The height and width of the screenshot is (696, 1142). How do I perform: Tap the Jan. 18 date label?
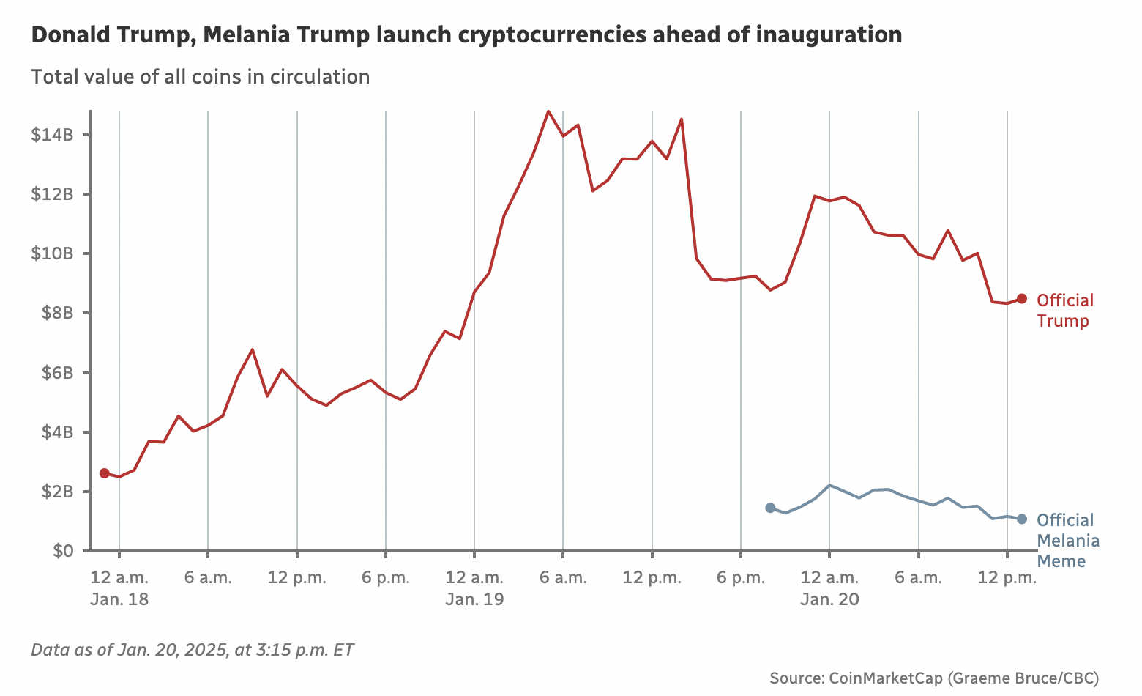pos(119,599)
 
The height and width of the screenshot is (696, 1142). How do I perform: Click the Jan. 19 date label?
pos(474,599)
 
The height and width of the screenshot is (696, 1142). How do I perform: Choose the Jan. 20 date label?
pos(829,599)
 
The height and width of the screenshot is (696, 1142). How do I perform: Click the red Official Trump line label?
pos(1064,311)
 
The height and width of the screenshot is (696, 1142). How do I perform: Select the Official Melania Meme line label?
pos(1067,541)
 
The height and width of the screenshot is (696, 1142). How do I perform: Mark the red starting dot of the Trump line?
pos(105,473)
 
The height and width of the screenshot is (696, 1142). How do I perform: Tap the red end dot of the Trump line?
pos(1022,299)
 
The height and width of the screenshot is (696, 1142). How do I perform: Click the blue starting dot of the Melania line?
pos(770,508)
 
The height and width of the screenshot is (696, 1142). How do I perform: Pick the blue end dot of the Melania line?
pos(1022,519)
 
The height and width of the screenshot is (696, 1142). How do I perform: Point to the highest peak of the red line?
pos(548,111)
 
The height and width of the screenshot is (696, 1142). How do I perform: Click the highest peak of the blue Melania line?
pos(829,485)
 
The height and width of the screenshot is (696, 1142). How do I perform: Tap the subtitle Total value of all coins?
pos(200,77)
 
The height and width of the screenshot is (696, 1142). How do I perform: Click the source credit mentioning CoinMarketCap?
pos(934,678)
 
